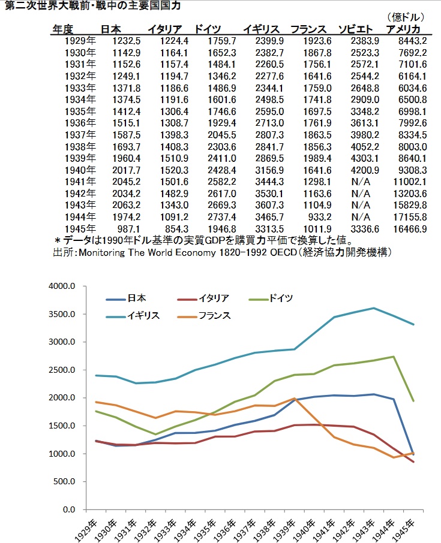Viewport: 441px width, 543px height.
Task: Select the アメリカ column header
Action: pos(403,29)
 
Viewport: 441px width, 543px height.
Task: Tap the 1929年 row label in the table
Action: pos(79,41)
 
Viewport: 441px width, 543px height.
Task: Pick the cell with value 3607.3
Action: pos(269,205)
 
